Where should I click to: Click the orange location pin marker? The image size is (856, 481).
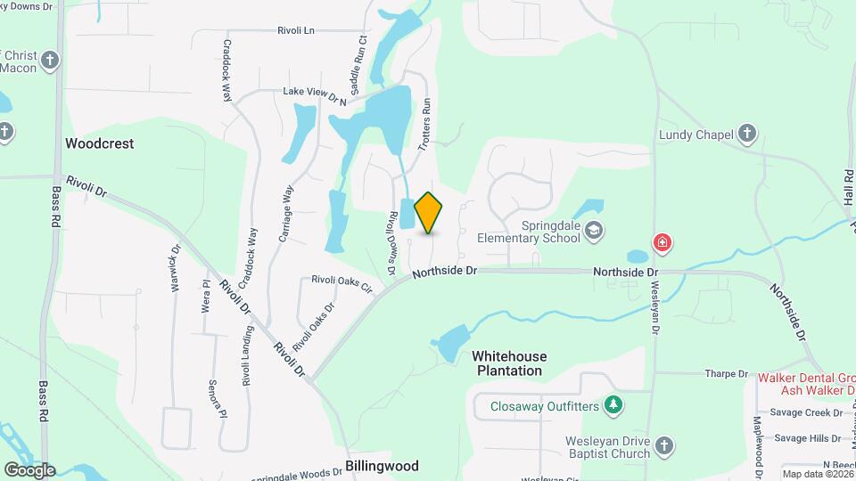click(x=429, y=213)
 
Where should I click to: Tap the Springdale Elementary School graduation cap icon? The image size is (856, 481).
click(x=595, y=232)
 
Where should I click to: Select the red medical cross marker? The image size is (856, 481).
click(x=663, y=242)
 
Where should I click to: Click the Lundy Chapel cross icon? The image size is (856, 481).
click(x=748, y=135)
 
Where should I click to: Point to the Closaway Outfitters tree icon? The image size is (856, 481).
click(x=613, y=406)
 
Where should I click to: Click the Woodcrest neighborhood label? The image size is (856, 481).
click(x=99, y=143)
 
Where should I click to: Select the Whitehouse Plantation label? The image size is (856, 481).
click(x=509, y=363)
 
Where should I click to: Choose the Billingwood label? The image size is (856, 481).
click(x=382, y=466)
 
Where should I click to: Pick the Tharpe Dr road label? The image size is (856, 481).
click(x=726, y=374)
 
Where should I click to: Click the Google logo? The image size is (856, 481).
click(x=29, y=470)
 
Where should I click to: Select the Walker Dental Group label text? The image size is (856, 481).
click(x=806, y=377)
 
